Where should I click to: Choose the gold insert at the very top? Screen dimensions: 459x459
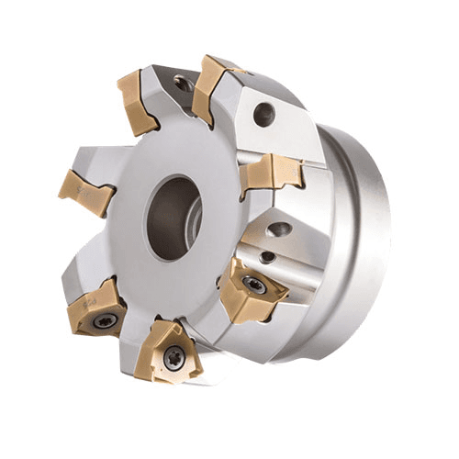pyautogui.click(x=213, y=84)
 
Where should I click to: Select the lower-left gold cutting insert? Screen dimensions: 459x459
pyautogui.click(x=99, y=308)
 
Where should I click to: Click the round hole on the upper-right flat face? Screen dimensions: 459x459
pyautogui.click(x=264, y=115)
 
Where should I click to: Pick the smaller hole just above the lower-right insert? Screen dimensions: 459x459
pyautogui.click(x=266, y=258)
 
